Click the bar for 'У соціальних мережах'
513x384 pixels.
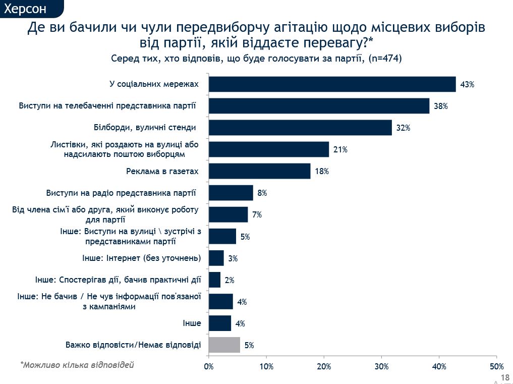pyautogui.click(x=332, y=84)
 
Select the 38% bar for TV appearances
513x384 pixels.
pyautogui.click(x=319, y=106)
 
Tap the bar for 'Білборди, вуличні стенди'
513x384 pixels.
pyautogui.click(x=300, y=128)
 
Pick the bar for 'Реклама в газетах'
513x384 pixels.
pyautogui.click(x=259, y=171)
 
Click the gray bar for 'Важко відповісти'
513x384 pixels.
pyautogui.click(x=224, y=345)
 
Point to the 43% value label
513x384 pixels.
pyautogui.click(x=467, y=85)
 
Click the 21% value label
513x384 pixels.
pyautogui.click(x=340, y=150)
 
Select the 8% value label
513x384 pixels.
pyautogui.click(x=262, y=193)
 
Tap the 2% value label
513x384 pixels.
pyautogui.click(x=230, y=280)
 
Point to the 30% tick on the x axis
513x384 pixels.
pyautogui.click(x=381, y=366)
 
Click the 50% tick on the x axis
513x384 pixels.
pyautogui.click(x=497, y=366)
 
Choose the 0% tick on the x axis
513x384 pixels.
pyautogui.click(x=208, y=366)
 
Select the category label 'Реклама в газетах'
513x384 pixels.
pyautogui.click(x=162, y=171)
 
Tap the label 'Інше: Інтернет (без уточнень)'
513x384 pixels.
pyautogui.click(x=141, y=258)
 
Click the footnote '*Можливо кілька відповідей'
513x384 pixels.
pyautogui.click(x=77, y=364)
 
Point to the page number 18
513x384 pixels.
pyautogui.click(x=504, y=377)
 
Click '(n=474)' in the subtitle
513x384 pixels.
pyautogui.click(x=385, y=59)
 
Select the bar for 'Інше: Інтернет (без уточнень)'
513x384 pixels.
pyautogui.click(x=216, y=258)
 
